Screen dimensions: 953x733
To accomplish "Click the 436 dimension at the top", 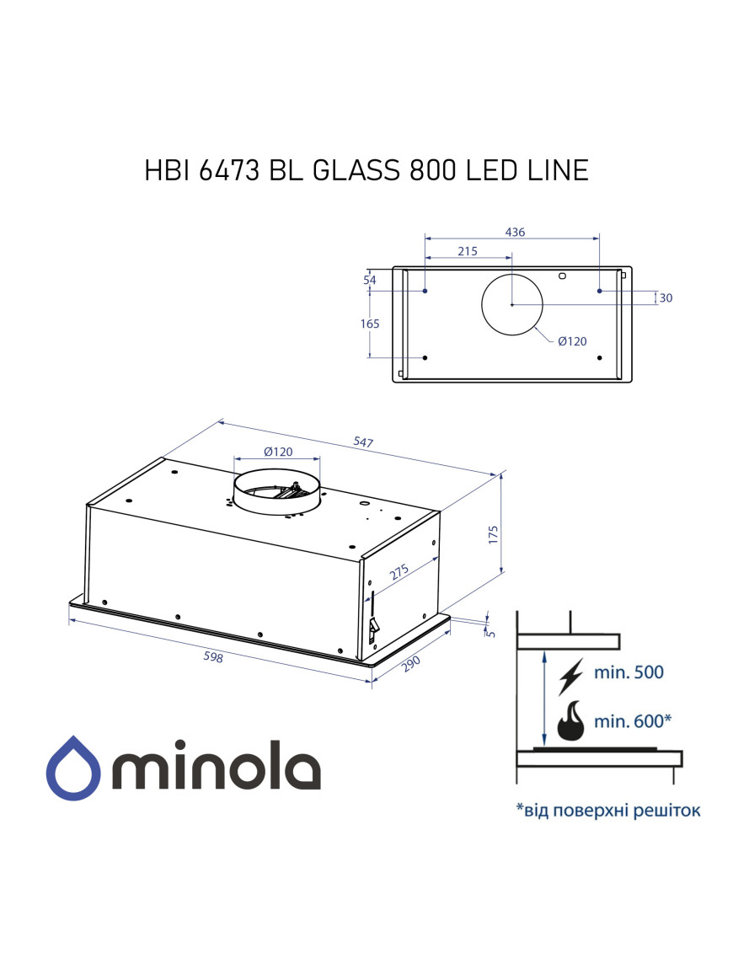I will click(515, 233).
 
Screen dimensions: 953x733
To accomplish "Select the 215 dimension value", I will click(468, 251).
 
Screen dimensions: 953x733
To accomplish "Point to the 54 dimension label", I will click(369, 281).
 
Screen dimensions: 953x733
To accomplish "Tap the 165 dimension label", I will click(371, 324).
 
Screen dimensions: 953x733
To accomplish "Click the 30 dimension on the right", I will click(666, 297).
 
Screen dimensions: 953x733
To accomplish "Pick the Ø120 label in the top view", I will click(571, 340).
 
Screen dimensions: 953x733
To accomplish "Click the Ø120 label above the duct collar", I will click(278, 452).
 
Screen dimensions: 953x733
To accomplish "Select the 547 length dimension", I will click(363, 442).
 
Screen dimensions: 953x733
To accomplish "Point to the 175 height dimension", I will click(494, 534).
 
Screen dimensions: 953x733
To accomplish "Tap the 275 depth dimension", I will click(399, 572).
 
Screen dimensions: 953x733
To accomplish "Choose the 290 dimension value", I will click(410, 664).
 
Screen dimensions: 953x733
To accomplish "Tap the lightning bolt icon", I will click(571, 674).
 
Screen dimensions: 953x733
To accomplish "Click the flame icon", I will click(572, 720).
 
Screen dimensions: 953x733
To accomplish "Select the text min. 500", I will click(629, 672).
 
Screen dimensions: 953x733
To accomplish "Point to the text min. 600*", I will click(634, 721).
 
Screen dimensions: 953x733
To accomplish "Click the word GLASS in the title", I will click(356, 170).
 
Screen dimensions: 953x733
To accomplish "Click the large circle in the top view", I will click(512, 304).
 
